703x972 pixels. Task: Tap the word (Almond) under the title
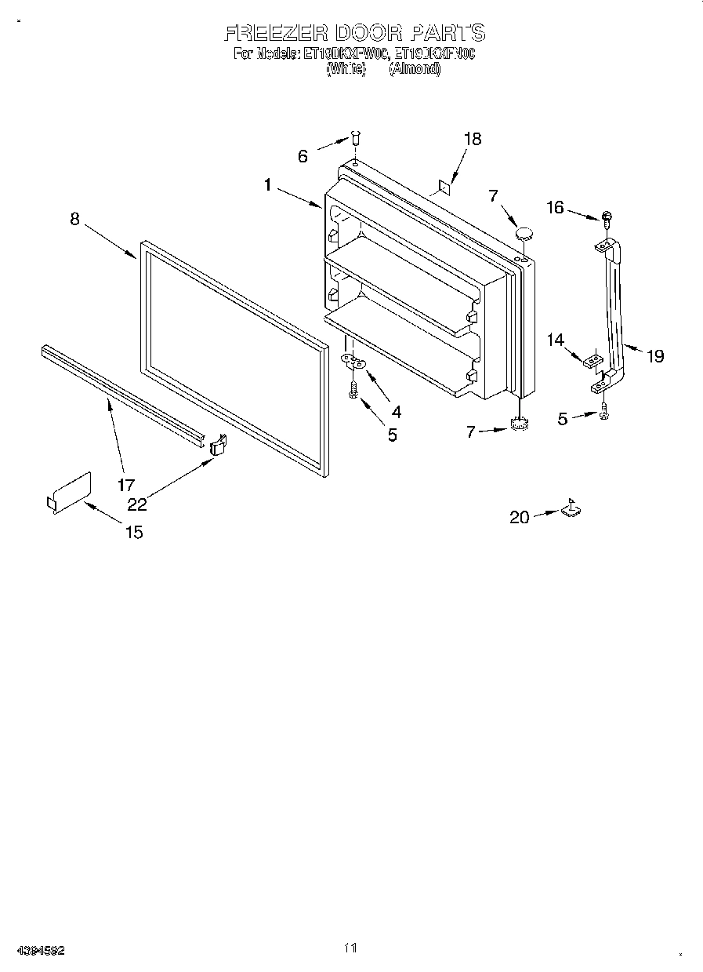pyautogui.click(x=415, y=69)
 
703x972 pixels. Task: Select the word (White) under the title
pyautogui.click(x=346, y=69)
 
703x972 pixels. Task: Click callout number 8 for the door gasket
pyautogui.click(x=74, y=220)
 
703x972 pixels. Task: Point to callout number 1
pyautogui.click(x=268, y=185)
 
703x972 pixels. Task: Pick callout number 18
pyautogui.click(x=472, y=139)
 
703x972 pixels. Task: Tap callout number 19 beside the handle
pyautogui.click(x=654, y=355)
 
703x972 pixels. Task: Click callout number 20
pyautogui.click(x=519, y=516)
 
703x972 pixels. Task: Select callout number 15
pyautogui.click(x=134, y=532)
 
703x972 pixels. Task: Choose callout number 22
pyautogui.click(x=137, y=504)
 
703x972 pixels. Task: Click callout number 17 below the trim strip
pyautogui.click(x=126, y=485)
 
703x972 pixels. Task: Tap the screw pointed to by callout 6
pyautogui.click(x=355, y=139)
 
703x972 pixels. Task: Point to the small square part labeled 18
pyautogui.click(x=442, y=187)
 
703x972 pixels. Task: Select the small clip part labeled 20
pyautogui.click(x=571, y=510)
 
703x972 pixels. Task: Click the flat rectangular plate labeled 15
pyautogui.click(x=69, y=493)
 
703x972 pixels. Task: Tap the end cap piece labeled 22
pyautogui.click(x=219, y=445)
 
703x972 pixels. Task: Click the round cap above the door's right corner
pyautogui.click(x=523, y=232)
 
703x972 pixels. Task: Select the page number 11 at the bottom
pyautogui.click(x=350, y=948)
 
